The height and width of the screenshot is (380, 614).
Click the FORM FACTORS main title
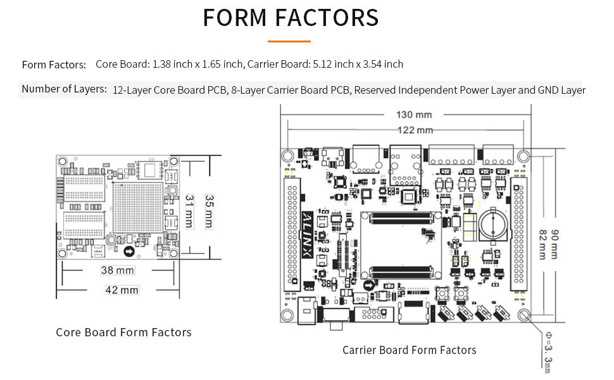point(291,18)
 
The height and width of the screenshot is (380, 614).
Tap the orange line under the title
point(289,42)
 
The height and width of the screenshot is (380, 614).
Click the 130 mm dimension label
point(414,115)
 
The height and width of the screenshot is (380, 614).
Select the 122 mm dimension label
point(415,130)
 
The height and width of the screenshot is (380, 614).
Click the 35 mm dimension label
point(208,211)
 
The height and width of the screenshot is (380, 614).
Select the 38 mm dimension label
point(118,270)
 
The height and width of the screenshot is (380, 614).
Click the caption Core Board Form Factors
point(123,332)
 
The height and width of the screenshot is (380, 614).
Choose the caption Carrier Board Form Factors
point(409,350)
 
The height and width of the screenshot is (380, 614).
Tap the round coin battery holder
point(491,225)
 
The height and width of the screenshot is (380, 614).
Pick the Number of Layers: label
point(64,89)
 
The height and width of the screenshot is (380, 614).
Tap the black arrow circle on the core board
point(130,252)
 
